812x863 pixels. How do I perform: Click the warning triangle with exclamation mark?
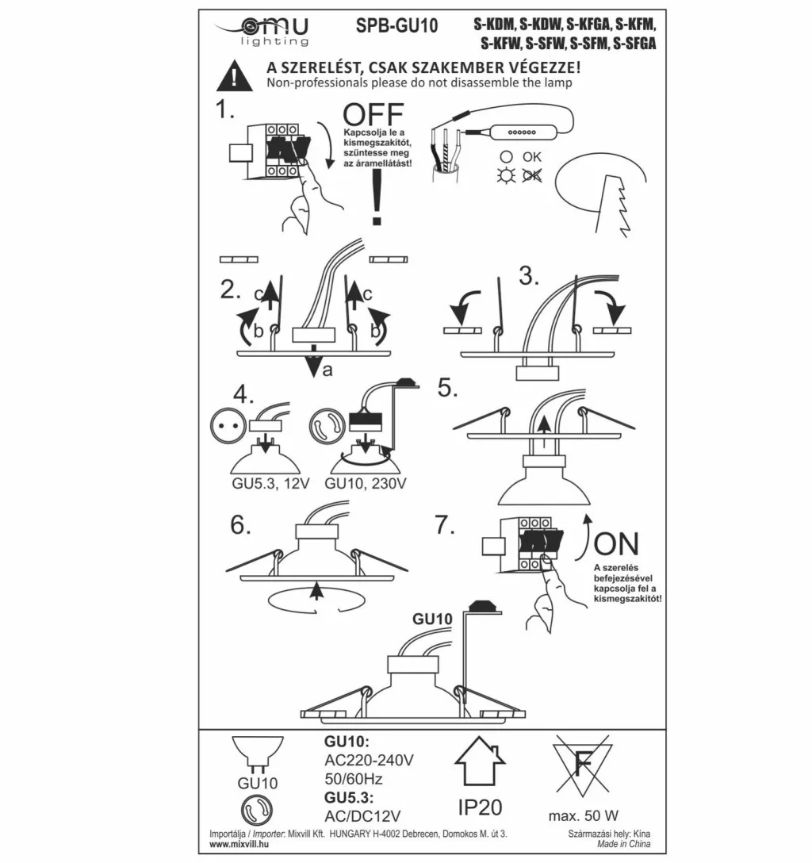[236, 75]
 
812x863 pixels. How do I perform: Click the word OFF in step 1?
[373, 115]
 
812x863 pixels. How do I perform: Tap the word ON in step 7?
[616, 544]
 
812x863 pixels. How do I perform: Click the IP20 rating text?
[480, 807]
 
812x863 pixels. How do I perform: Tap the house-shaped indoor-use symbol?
[480, 761]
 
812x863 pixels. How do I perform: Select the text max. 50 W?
[584, 815]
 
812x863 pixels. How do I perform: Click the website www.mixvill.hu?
[237, 845]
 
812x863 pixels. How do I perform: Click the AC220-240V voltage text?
[370, 760]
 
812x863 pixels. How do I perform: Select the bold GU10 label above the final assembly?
[431, 618]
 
